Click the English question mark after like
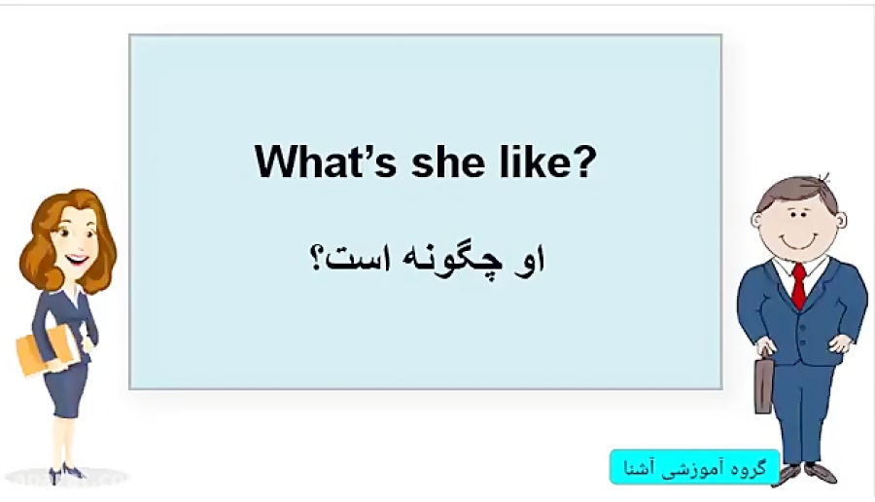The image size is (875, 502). click(582, 161)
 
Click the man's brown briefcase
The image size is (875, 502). click(763, 385)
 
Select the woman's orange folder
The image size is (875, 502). click(43, 350)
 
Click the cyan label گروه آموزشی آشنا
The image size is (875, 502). click(694, 468)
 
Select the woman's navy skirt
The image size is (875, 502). click(65, 393)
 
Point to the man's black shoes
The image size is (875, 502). click(803, 474)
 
